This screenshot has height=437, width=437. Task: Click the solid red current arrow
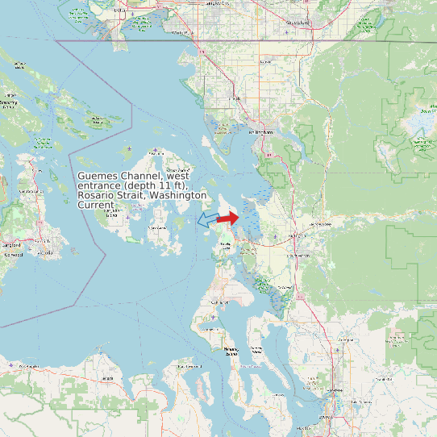point(228,218)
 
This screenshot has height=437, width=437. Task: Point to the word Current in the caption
point(95,206)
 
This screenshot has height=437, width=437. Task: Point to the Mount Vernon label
point(299,256)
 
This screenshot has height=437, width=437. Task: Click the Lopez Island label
point(158,228)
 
